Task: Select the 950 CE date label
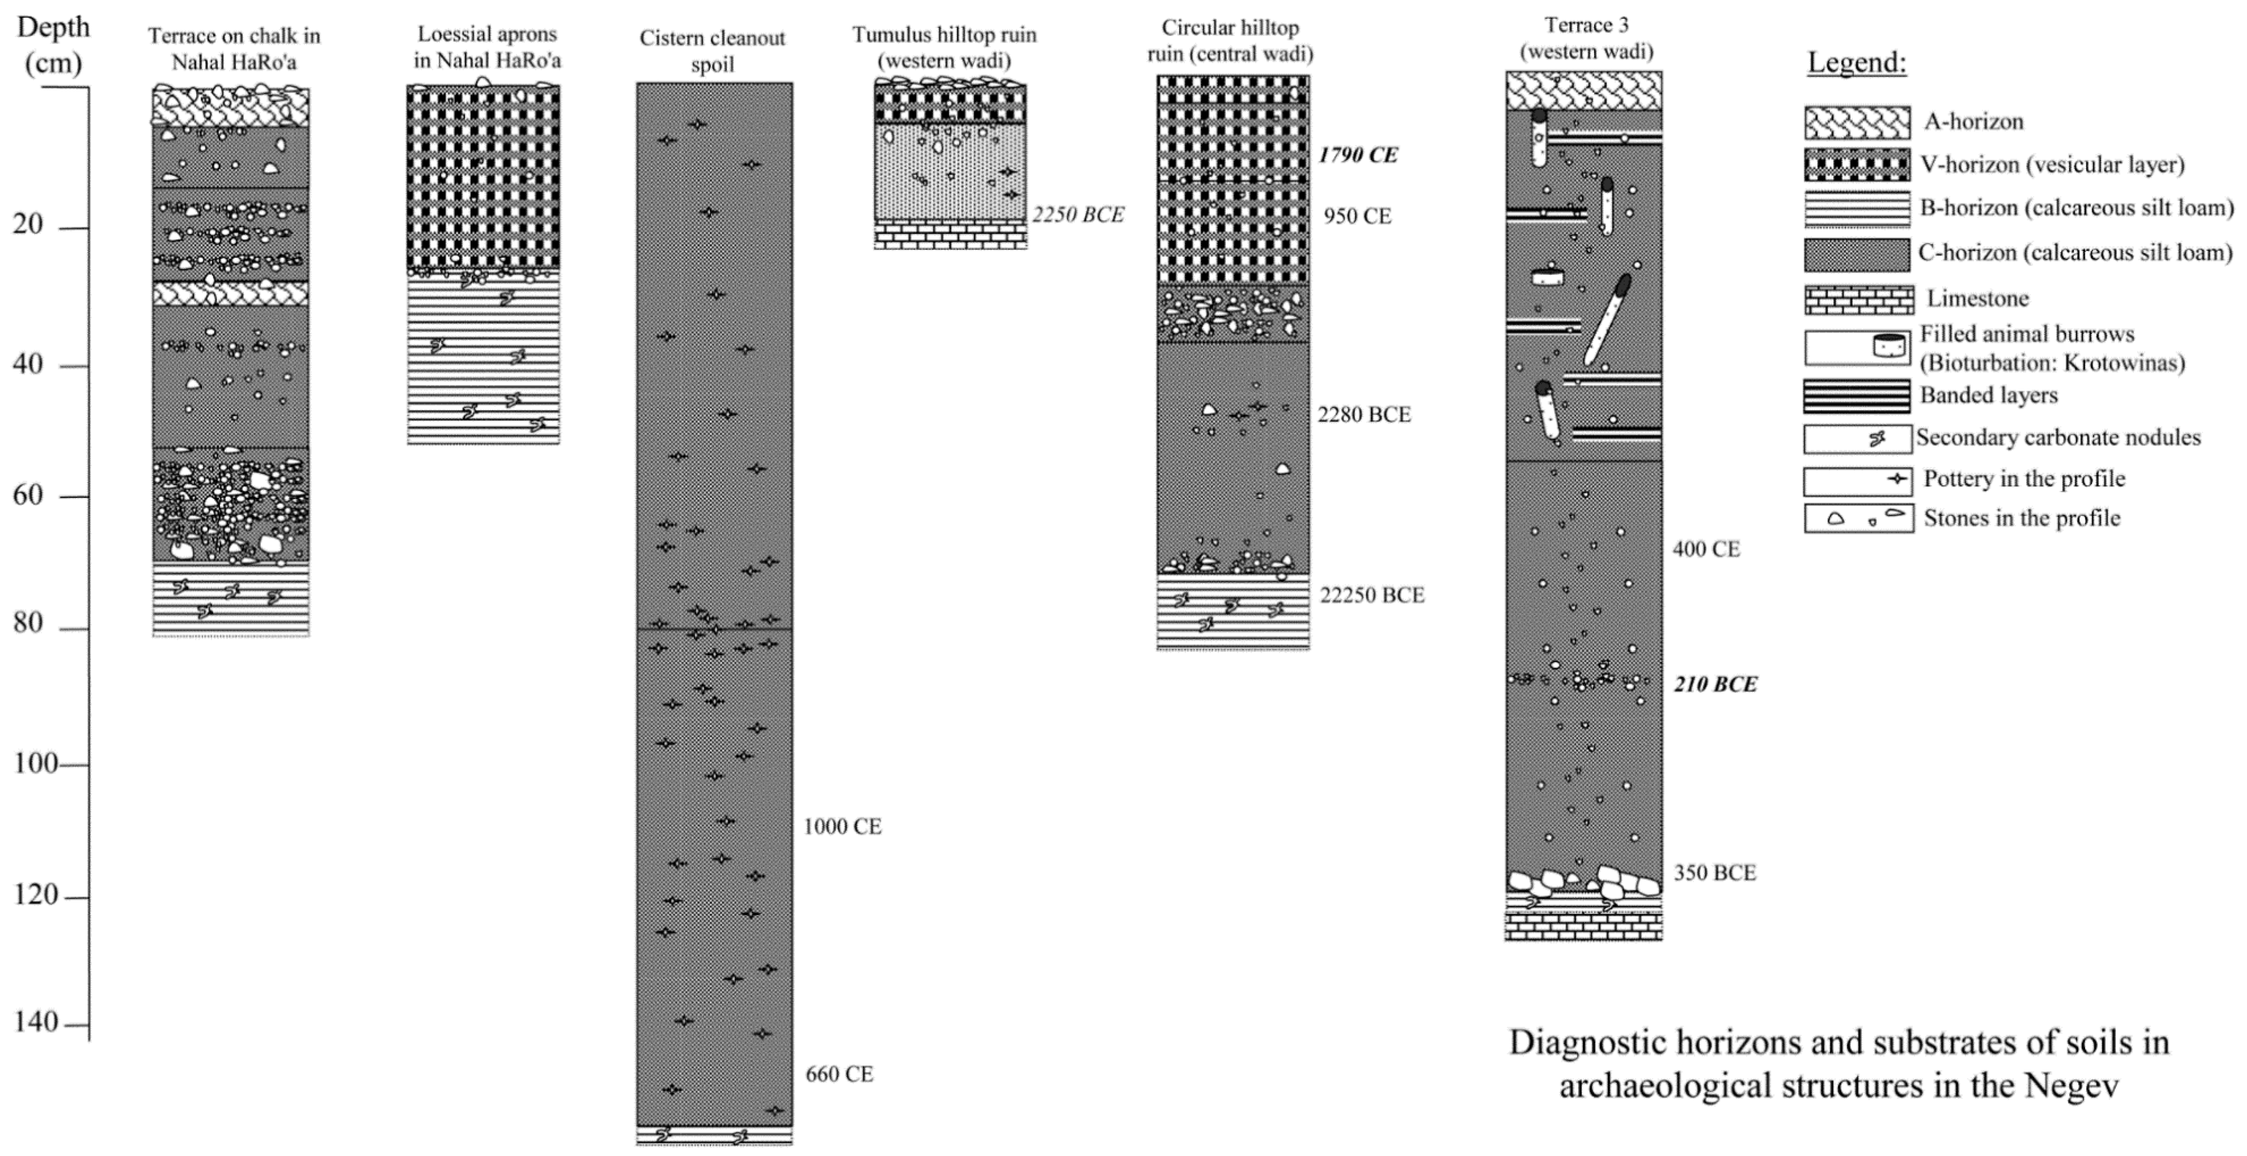click(1357, 216)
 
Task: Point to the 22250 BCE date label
click(1371, 595)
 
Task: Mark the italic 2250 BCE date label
click(1078, 215)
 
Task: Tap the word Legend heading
click(1856, 63)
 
